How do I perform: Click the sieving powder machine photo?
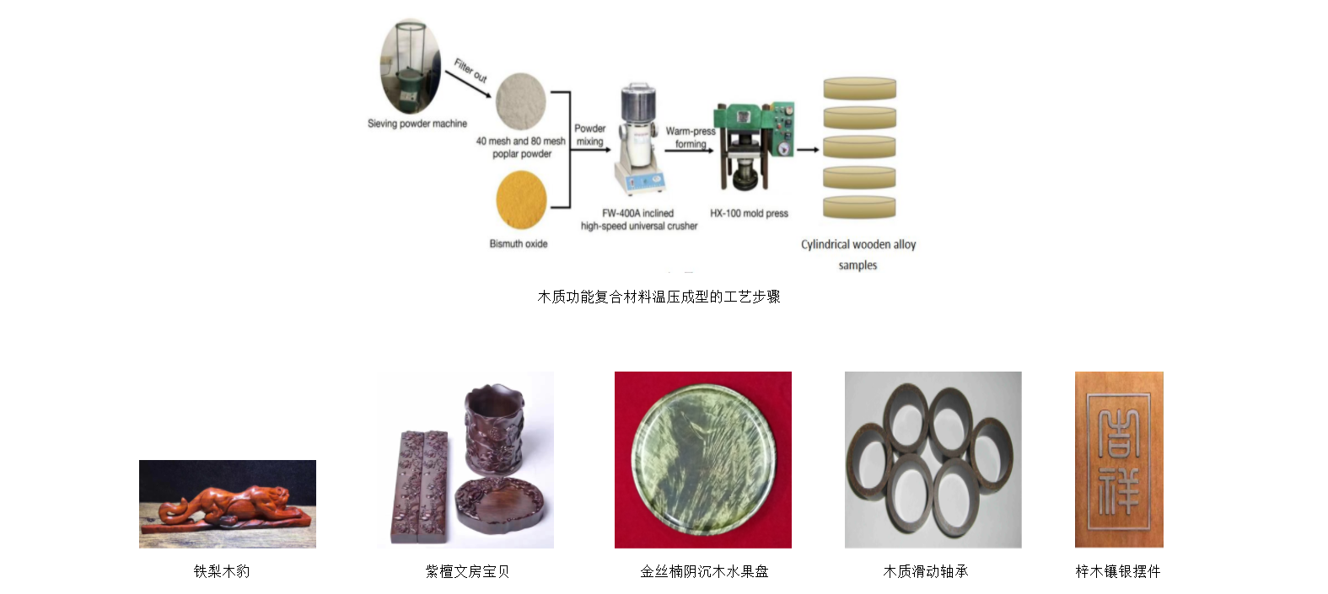411,67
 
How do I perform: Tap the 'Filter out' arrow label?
470,70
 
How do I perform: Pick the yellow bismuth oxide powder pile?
521,201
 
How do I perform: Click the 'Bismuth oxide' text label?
519,244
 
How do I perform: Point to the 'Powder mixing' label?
590,135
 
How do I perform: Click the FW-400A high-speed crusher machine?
640,139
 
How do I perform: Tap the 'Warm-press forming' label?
691,137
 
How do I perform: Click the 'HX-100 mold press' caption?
749,213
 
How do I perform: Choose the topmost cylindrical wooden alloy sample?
859,88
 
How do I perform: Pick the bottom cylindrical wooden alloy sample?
859,206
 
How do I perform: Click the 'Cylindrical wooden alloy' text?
858,244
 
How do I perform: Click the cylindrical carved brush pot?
495,430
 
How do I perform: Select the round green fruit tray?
703,460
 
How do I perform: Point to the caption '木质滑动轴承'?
925,571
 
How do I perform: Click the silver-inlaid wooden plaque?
1119,460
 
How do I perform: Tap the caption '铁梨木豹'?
222,571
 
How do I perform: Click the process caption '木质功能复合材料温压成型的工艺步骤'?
659,297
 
